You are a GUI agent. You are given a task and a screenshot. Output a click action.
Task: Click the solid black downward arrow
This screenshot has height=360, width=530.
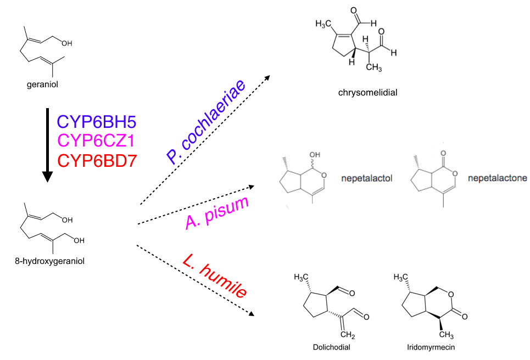(x=48, y=148)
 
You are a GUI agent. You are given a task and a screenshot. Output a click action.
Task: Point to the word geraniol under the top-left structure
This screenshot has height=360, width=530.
(x=42, y=85)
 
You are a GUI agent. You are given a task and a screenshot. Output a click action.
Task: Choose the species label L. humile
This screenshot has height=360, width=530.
(x=213, y=279)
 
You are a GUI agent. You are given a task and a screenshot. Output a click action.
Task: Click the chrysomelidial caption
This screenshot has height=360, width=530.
(x=368, y=92)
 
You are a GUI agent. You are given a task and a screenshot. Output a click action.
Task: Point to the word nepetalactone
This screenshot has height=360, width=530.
(x=498, y=178)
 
